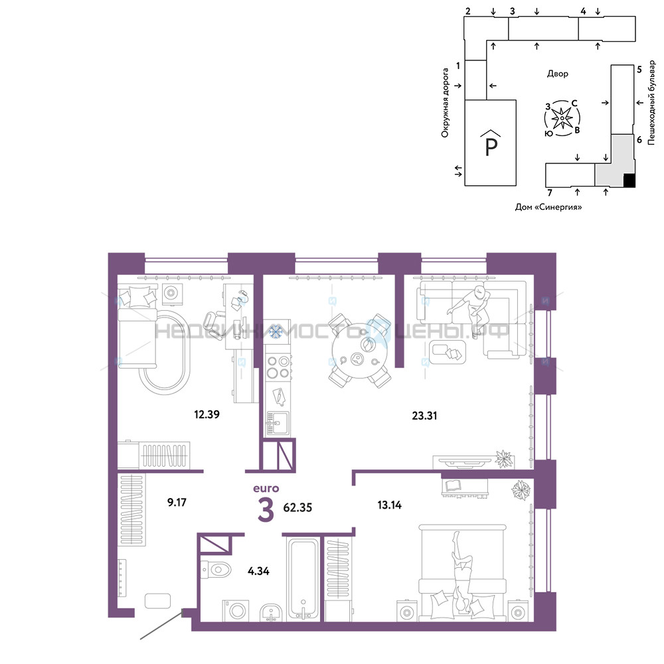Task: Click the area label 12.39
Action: (x=207, y=414)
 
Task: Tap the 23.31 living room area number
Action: (x=424, y=416)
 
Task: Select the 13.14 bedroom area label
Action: (x=389, y=505)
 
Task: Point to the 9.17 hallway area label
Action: (x=177, y=503)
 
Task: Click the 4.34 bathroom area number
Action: (x=258, y=571)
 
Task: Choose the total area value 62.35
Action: (x=297, y=507)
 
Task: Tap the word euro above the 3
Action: (x=266, y=489)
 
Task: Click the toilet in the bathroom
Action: (x=215, y=570)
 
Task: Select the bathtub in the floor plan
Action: (x=303, y=578)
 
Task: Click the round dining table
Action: (x=360, y=351)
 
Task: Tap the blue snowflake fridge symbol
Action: (x=276, y=331)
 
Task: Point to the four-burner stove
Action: (x=278, y=367)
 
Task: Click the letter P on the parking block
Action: (x=491, y=147)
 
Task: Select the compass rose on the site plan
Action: (x=562, y=118)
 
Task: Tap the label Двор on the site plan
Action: (x=557, y=74)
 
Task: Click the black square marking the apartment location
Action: (x=629, y=181)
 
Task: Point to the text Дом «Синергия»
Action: (x=548, y=207)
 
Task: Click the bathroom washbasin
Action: (x=271, y=612)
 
